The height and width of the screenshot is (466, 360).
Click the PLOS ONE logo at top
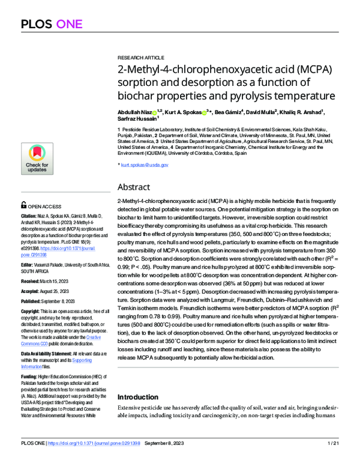pyautogui.click(x=52, y=25)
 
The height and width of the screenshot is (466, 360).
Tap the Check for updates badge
pyautogui.click(x=37, y=159)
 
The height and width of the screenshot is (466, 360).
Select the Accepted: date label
pyautogui.click(x=32, y=289)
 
